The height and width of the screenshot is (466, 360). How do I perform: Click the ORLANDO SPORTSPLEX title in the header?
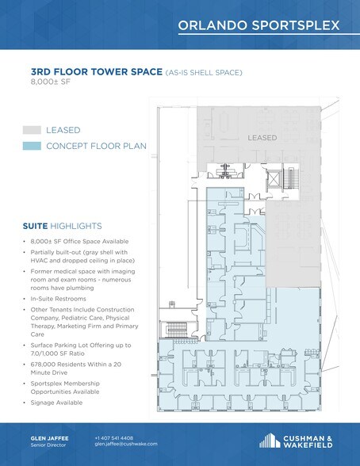click(259, 25)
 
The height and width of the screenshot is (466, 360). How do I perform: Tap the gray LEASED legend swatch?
click(32, 129)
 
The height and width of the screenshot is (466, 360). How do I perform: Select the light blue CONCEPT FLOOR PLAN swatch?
click(32, 146)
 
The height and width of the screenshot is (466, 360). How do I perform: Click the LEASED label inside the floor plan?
click(262, 138)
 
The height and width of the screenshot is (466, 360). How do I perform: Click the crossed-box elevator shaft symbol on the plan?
click(272, 179)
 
